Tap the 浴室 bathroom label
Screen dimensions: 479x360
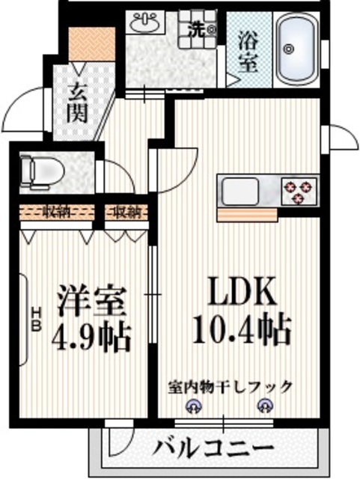click(247, 51)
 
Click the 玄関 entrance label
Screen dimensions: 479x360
click(78, 103)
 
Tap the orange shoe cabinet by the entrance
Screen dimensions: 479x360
click(92, 46)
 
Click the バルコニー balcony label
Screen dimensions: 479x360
click(214, 449)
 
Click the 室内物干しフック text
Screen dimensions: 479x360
click(229, 388)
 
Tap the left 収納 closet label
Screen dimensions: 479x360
click(56, 212)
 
